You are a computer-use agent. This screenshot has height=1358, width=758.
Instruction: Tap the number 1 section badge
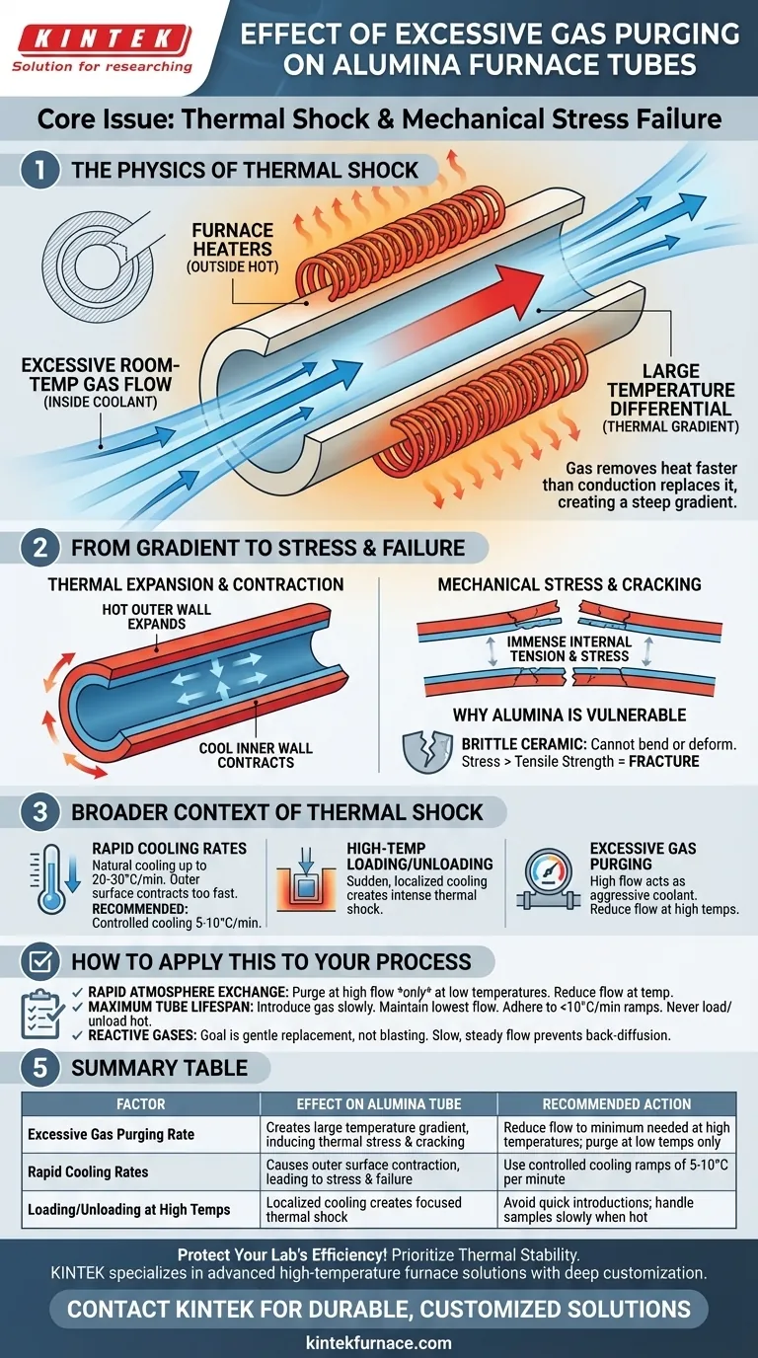click(x=40, y=171)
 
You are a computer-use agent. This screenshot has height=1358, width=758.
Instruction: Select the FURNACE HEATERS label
click(x=232, y=248)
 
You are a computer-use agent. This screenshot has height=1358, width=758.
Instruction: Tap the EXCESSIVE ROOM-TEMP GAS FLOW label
click(x=101, y=383)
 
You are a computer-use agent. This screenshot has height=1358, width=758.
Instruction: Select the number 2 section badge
click(x=40, y=548)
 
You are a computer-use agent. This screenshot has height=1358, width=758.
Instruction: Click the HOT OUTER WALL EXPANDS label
click(x=157, y=617)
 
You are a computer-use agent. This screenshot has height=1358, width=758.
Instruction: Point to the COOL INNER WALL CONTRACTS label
click(x=256, y=755)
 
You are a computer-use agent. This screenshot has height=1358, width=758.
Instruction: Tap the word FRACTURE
click(x=664, y=762)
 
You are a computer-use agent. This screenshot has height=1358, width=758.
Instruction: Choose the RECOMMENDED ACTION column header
click(x=617, y=1104)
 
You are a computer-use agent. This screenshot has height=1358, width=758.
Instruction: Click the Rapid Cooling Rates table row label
click(x=88, y=1171)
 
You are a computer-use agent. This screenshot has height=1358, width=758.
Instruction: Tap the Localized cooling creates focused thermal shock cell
click(x=364, y=1210)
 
